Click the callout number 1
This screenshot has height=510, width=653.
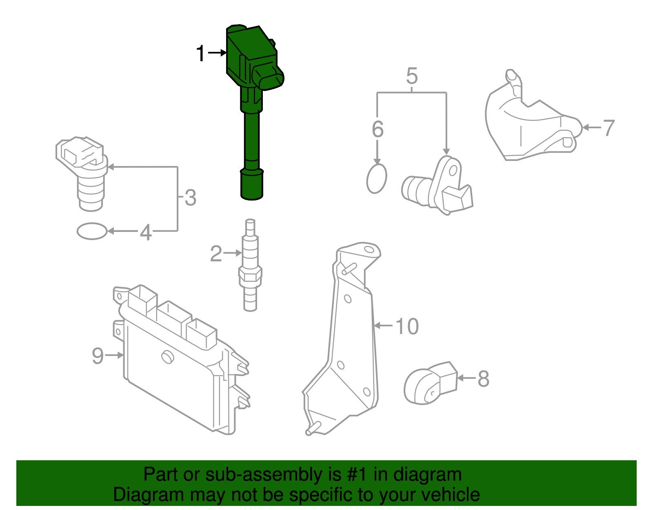(200, 54)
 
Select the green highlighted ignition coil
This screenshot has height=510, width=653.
(251, 102)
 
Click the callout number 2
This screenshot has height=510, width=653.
(216, 254)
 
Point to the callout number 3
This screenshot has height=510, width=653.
(190, 198)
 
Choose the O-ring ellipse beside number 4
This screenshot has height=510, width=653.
(92, 231)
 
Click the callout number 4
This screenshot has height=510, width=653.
(146, 233)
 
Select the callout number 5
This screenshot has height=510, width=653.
(412, 76)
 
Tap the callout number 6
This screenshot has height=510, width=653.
(378, 129)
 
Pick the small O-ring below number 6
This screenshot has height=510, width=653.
(376, 179)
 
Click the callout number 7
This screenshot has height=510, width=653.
(609, 128)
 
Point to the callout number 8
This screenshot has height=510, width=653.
(483, 379)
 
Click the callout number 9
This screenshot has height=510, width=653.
(98, 356)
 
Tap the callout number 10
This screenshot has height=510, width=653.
(407, 327)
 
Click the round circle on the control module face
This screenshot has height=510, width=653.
(167, 356)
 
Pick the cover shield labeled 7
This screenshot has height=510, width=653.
(531, 122)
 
